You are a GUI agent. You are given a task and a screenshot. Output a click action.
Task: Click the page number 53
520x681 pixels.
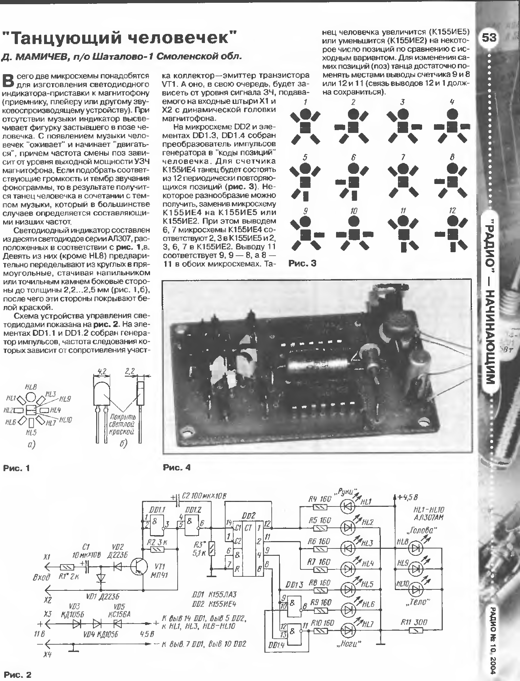click(x=489, y=37)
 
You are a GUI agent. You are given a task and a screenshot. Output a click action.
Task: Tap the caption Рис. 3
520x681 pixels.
click(x=302, y=263)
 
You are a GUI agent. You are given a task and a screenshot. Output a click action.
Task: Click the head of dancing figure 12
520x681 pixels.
click(x=453, y=220)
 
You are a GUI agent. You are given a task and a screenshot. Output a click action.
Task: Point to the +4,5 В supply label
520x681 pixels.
click(x=407, y=497)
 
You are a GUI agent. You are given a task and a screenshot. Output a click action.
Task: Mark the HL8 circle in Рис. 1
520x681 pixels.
click(x=31, y=397)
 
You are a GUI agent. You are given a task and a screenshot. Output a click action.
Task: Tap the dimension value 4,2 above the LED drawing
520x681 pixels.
click(x=102, y=371)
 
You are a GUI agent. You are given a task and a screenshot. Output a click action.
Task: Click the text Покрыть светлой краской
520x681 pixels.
click(x=122, y=425)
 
